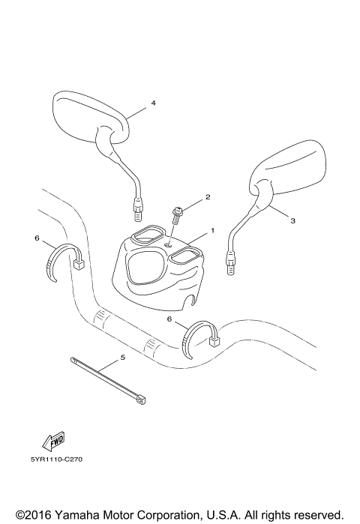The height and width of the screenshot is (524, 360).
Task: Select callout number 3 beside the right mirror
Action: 292,220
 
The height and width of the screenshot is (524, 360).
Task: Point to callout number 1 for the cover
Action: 212,230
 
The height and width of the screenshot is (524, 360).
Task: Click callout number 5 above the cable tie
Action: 122,357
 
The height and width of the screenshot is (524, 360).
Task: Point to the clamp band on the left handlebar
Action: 58,265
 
